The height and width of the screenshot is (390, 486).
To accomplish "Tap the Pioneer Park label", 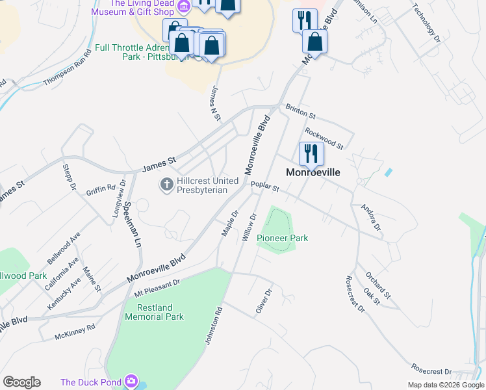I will (282, 238).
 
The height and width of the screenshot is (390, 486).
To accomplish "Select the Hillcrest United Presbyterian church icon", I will (166, 185).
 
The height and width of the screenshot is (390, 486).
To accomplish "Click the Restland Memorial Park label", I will (155, 312).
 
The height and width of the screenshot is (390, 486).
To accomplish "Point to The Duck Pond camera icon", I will (132, 381).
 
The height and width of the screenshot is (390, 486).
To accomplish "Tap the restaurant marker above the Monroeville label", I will (311, 154).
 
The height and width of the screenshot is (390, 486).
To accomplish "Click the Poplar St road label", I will (265, 188).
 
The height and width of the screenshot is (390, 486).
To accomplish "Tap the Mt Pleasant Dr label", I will (156, 285).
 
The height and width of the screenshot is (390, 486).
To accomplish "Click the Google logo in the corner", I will (21, 382).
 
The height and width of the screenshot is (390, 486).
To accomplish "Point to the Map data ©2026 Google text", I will (445, 385).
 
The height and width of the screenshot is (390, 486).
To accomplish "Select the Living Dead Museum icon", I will (184, 6).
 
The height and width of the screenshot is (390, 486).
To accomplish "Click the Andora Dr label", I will (370, 218).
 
